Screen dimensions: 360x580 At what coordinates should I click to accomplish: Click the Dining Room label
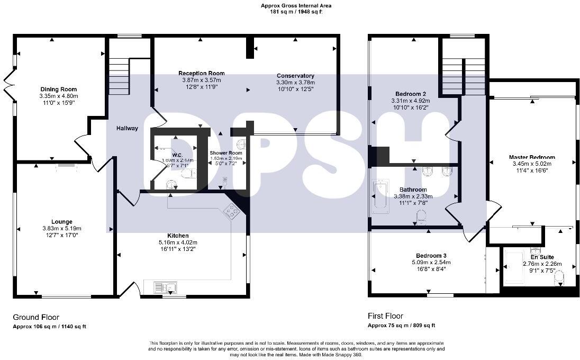pos(59,89)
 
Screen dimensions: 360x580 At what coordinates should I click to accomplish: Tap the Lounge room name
pos(62,222)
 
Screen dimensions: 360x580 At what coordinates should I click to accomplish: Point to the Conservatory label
pos(295,76)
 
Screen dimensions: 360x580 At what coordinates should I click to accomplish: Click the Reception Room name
pos(201,73)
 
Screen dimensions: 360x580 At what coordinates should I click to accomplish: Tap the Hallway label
pos(128,128)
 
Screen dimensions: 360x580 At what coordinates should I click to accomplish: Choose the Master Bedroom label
pos(532,157)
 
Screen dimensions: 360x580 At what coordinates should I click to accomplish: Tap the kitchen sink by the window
pos(165,287)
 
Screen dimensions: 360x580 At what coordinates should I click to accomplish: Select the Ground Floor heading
pos(36,317)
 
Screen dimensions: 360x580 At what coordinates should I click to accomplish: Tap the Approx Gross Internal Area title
pos(296,6)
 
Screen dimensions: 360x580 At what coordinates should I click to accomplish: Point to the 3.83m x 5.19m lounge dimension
pos(62,228)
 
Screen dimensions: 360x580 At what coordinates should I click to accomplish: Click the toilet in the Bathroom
pos(422,217)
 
